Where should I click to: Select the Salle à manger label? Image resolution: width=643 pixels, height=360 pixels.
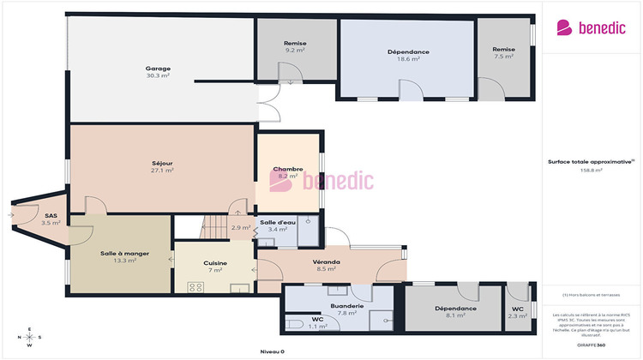[x=118, y=255]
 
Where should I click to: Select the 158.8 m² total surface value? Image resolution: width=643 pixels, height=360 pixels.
[x=592, y=170]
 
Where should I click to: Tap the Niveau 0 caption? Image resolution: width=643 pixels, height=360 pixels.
[x=272, y=351]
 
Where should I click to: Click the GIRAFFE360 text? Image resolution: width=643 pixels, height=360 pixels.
[x=592, y=345]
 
